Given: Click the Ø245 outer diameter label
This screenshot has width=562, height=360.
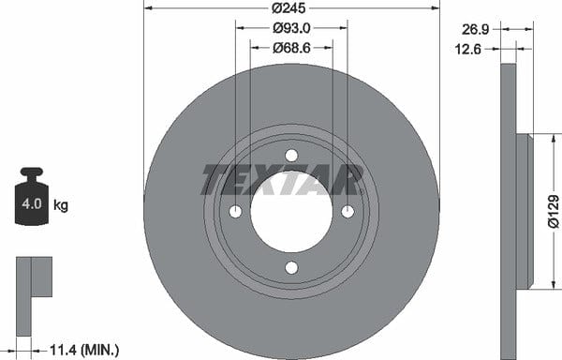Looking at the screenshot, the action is pos(288,7).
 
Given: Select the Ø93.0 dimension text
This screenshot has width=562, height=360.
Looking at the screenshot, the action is pos(291,28).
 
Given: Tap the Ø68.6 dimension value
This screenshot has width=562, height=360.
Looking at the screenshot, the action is pos(291,48).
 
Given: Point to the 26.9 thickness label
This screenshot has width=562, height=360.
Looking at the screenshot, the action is pos(475,29).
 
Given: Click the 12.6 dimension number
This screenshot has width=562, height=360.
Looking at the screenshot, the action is pos(468,49).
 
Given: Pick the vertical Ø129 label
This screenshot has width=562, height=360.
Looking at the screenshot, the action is pos(554,212).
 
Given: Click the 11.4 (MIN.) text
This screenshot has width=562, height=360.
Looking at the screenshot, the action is pos(84,350).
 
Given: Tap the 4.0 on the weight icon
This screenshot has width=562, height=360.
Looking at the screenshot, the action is pos(32,203).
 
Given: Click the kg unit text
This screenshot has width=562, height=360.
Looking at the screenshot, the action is pos(61,205).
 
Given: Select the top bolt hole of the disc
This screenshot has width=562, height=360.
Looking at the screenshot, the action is pos(291,156).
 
